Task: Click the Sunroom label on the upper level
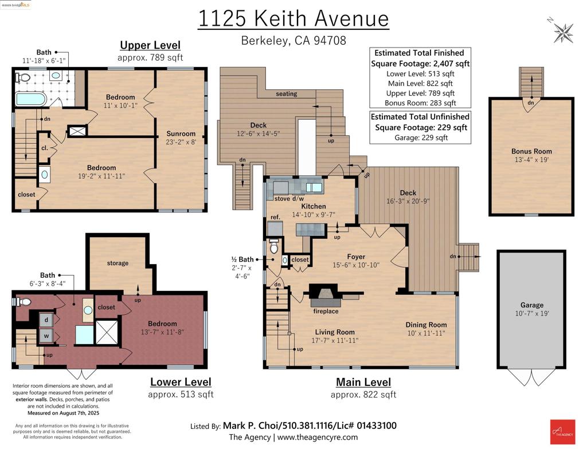coord(181,133)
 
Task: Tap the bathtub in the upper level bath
coord(31,100)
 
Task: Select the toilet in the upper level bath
coord(23,77)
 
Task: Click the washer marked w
coord(46,336)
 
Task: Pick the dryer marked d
coord(46,320)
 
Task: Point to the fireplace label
coord(326,311)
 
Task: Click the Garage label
coord(531,305)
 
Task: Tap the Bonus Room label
coord(531,151)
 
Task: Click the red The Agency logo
coord(562,432)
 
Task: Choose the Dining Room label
coord(426,325)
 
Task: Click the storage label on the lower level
coord(118,263)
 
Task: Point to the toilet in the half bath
coord(274,247)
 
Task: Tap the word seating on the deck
coord(287,94)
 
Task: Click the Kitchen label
coord(314,206)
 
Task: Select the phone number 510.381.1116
coord(307,426)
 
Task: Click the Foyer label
coord(356,257)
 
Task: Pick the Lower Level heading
coord(181,382)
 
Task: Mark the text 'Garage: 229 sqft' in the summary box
coord(421,137)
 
